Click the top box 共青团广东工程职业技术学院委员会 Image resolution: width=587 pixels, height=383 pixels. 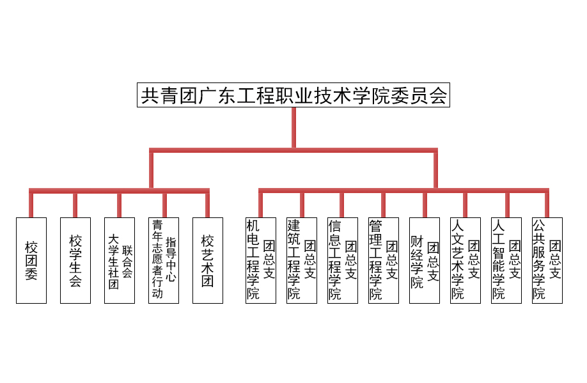pyautogui.click(x=293, y=95)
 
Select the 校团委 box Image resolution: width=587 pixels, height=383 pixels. pyautogui.click(x=31, y=261)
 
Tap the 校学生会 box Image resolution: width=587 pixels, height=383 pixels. pyautogui.click(x=75, y=261)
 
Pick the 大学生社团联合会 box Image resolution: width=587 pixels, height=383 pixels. pyautogui.click(x=120, y=261)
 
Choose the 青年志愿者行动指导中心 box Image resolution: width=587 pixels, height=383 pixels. pyautogui.click(x=164, y=261)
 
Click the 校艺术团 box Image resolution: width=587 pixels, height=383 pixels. pyautogui.click(x=208, y=261)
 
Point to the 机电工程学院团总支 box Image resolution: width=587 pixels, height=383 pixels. pyautogui.click(x=261, y=261)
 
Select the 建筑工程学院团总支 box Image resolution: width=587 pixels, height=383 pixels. pyautogui.click(x=302, y=261)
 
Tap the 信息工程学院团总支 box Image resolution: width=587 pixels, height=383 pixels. pyautogui.click(x=343, y=261)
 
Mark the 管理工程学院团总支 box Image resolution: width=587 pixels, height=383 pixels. pyautogui.click(x=384, y=261)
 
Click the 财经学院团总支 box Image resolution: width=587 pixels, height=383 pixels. pyautogui.click(x=425, y=261)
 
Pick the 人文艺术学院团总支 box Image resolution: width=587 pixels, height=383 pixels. pyautogui.click(x=466, y=261)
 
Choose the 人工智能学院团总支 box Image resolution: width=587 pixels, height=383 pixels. pyautogui.click(x=506, y=261)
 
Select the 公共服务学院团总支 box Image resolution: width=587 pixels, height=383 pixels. pyautogui.click(x=547, y=261)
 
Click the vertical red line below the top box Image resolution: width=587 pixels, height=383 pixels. pyautogui.click(x=294, y=128)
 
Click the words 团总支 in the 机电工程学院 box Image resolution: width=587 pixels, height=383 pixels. pyautogui.click(x=269, y=260)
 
